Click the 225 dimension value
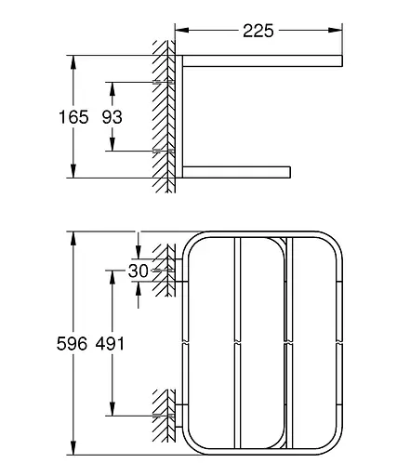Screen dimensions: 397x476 pyautogui.click(x=258, y=31)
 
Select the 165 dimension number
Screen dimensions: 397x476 pyautogui.click(x=73, y=117)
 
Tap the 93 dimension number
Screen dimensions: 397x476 pyautogui.click(x=112, y=117)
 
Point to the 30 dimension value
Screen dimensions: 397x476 pyautogui.click(x=139, y=271)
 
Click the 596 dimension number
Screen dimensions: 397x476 pyautogui.click(x=72, y=344)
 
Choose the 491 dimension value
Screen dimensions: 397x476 pyautogui.click(x=110, y=344)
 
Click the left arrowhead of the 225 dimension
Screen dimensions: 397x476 pyautogui.click(x=182, y=31)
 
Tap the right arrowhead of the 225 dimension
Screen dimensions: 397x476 pyautogui.click(x=336, y=31)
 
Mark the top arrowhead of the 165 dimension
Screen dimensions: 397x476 pyautogui.click(x=73, y=62)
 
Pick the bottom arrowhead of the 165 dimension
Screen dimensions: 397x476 pyautogui.click(x=73, y=171)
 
